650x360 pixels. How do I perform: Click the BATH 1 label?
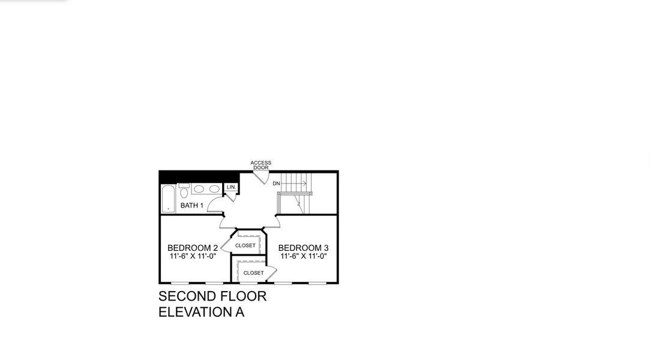(192, 206)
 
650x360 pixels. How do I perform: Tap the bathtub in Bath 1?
(168, 199)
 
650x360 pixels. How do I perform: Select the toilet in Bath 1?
(184, 191)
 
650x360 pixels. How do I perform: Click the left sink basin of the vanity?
(199, 189)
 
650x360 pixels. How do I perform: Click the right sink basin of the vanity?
(214, 189)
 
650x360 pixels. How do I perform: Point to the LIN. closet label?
(231, 187)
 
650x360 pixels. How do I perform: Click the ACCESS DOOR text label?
(260, 165)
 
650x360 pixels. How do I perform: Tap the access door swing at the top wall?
(262, 178)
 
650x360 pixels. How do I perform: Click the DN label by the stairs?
(276, 184)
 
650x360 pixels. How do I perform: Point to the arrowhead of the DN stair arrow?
(305, 184)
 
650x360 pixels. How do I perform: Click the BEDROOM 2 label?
(193, 248)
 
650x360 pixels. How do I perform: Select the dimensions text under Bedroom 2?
(193, 256)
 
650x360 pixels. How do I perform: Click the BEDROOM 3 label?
(303, 248)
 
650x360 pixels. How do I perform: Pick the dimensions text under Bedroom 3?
(303, 256)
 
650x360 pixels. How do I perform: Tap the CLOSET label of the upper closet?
(245, 245)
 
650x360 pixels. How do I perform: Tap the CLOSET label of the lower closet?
(253, 273)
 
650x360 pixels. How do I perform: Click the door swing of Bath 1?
(215, 205)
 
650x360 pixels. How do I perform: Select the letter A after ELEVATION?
(239, 312)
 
